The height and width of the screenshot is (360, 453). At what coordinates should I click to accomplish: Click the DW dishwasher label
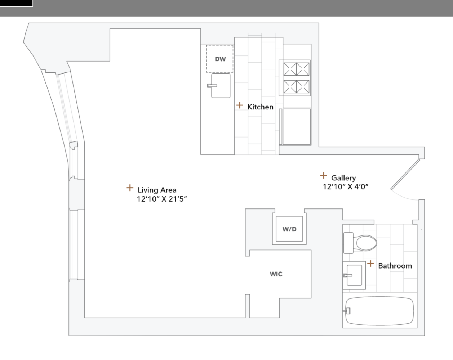point(220,59)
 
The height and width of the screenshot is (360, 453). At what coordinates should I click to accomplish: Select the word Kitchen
point(260,107)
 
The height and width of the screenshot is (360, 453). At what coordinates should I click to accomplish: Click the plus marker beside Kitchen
point(240,105)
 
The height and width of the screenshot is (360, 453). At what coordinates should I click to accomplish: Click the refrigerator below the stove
point(296,126)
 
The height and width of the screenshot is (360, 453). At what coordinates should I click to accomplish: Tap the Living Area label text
point(157,190)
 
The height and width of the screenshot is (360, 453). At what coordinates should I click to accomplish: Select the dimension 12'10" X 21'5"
point(161,199)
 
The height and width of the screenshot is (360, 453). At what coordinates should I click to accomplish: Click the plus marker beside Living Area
point(130,188)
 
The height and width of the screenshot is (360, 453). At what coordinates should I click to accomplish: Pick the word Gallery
point(343,178)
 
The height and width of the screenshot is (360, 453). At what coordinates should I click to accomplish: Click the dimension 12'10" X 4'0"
point(345,187)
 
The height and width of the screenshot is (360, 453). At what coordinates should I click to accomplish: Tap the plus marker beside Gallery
point(324,175)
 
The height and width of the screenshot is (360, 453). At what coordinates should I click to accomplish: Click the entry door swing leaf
point(405,174)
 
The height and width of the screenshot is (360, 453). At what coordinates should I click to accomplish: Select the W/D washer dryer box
point(290,229)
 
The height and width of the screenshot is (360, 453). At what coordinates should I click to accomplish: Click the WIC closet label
point(276,274)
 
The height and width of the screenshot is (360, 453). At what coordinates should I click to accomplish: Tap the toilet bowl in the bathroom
point(365,243)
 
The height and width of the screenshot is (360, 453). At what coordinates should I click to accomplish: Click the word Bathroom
point(395,266)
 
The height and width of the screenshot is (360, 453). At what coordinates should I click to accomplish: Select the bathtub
point(379,311)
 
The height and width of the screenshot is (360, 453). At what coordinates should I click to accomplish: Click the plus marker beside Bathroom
point(370,264)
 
